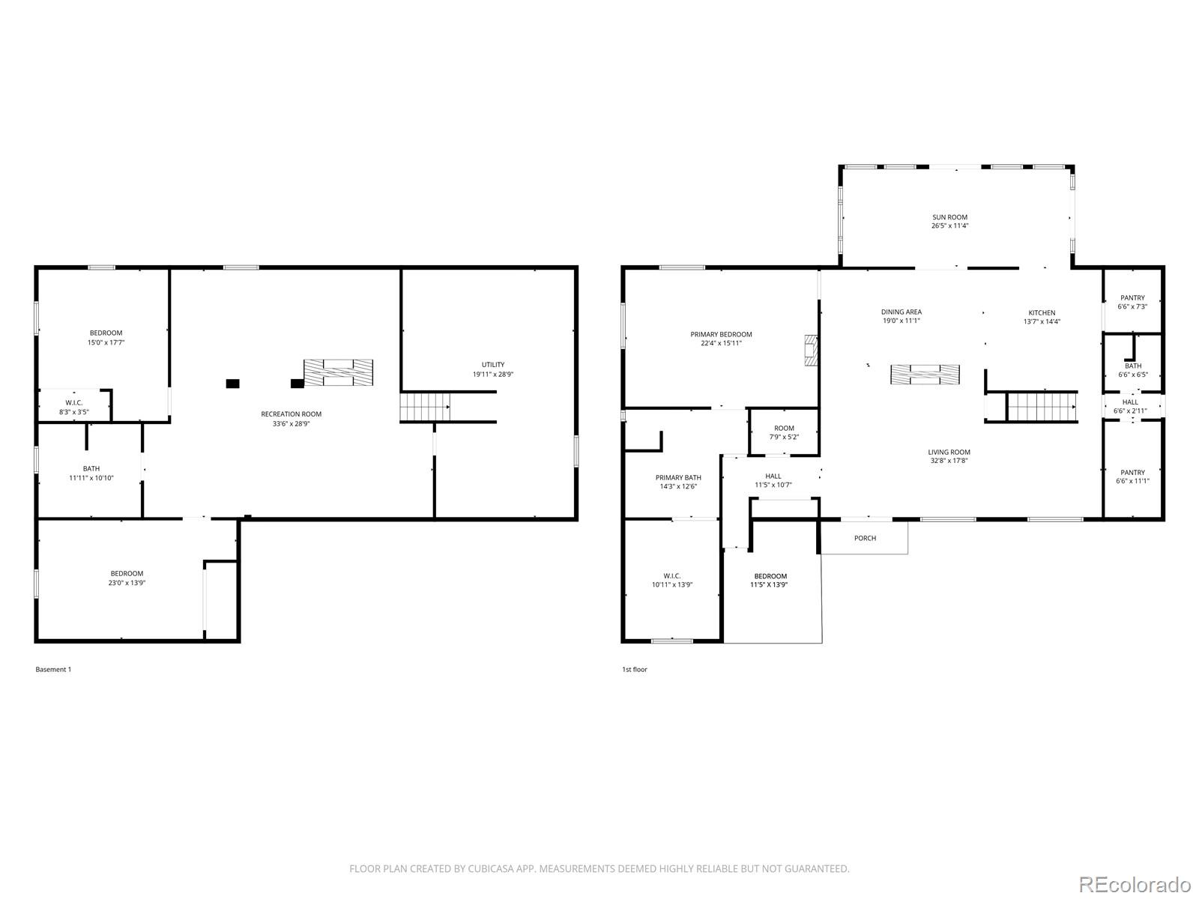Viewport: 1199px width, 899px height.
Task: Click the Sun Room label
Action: [949, 217]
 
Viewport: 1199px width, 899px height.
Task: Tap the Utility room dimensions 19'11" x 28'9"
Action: [492, 375]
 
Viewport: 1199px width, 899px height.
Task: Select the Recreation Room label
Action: [292, 414]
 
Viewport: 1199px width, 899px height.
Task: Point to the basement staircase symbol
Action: [424, 408]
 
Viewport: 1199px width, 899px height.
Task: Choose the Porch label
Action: [865, 538]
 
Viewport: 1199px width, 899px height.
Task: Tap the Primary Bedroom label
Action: [721, 335]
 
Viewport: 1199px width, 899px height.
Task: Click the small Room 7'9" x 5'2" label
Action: [784, 433]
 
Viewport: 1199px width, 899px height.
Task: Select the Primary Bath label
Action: [678, 478]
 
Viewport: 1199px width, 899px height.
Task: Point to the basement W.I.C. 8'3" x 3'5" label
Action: [73, 408]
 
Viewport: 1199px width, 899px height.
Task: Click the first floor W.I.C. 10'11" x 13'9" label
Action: [672, 580]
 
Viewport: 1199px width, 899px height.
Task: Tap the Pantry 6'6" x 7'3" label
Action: [1132, 303]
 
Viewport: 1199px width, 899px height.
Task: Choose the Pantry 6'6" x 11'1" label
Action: [1132, 476]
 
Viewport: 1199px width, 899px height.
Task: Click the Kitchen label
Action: [1042, 312]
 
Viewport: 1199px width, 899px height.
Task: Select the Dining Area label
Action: [901, 312]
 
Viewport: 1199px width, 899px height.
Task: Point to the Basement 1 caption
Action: [53, 669]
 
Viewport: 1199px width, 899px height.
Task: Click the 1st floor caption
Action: [634, 669]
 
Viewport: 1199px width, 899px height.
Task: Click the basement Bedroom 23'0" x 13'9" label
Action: [127, 578]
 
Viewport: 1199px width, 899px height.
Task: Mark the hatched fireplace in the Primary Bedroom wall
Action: [811, 351]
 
